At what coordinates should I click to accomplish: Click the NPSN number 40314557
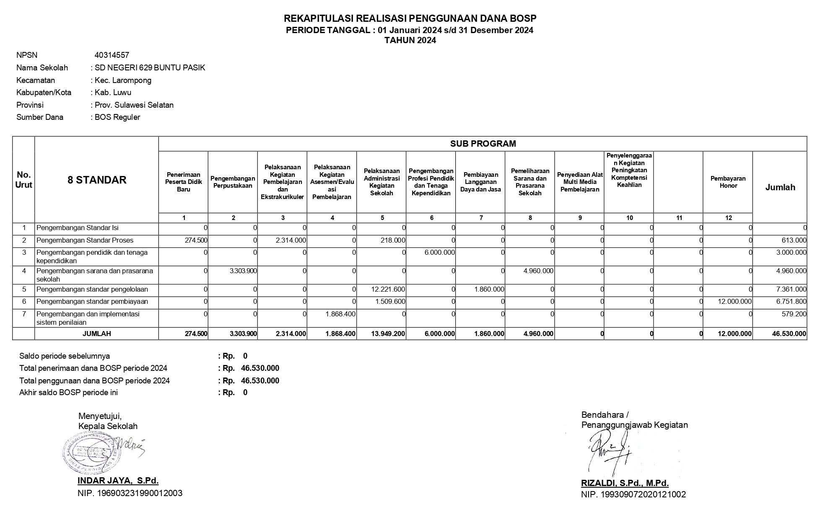(x=112, y=55)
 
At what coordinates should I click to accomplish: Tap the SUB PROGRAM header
(x=483, y=144)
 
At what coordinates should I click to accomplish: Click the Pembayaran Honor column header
(x=728, y=182)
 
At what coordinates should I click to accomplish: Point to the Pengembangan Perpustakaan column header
(x=233, y=182)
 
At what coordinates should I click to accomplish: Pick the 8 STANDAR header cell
(x=97, y=180)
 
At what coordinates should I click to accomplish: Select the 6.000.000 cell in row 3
(x=439, y=253)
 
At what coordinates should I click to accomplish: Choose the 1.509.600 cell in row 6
(x=390, y=302)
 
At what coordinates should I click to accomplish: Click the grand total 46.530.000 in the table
(x=789, y=334)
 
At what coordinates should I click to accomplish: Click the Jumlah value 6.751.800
(x=791, y=302)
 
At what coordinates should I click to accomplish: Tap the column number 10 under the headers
(x=629, y=218)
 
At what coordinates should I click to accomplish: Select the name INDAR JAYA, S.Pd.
(x=118, y=481)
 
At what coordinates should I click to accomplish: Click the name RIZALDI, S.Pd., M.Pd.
(x=625, y=483)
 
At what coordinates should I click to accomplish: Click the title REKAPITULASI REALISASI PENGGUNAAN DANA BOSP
(x=410, y=18)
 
